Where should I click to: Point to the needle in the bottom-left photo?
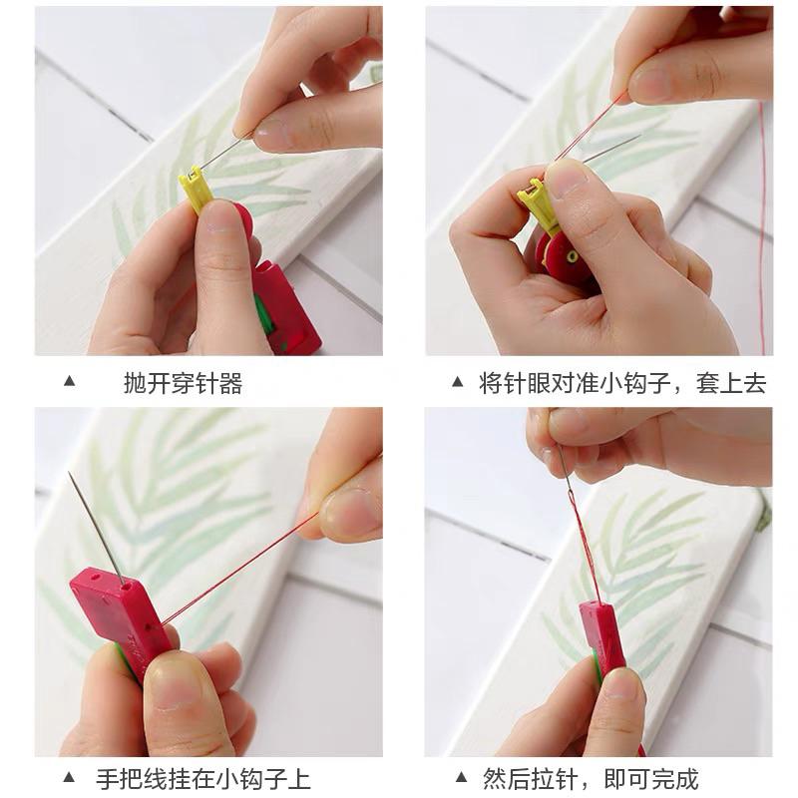95,525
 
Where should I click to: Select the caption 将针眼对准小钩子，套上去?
622,383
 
